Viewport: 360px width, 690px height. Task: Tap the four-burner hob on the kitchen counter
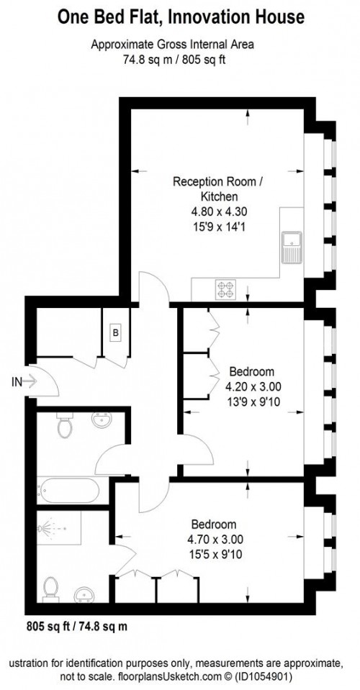(225, 289)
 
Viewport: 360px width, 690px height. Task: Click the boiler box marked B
(114, 332)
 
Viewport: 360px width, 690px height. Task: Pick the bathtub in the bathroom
(70, 494)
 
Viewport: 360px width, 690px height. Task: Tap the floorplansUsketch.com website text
(172, 677)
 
